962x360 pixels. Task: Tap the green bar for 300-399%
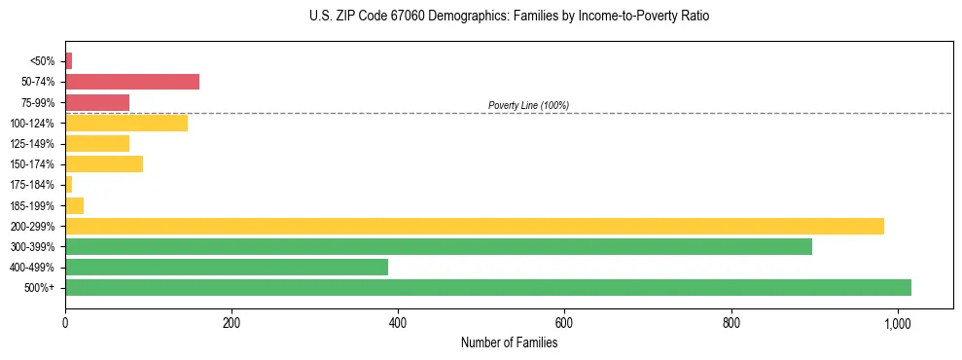tap(439, 246)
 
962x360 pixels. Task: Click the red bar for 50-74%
tap(132, 82)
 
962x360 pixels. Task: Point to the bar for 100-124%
tap(126, 123)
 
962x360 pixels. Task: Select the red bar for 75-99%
tap(97, 102)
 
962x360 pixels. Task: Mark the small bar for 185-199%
tap(75, 205)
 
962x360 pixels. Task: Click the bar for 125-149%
tap(97, 143)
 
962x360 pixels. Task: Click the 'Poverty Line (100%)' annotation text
tap(528, 105)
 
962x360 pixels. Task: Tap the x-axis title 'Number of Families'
tap(509, 342)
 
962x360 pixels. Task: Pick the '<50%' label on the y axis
tap(43, 61)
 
